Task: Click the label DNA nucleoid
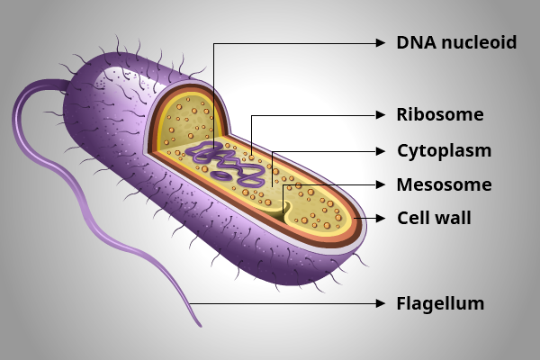tap(456, 42)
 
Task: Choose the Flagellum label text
tap(440, 303)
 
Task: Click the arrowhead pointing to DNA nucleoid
tap(382, 42)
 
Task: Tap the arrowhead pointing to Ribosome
tap(382, 115)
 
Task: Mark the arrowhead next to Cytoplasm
tap(382, 150)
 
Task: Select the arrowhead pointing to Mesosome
tap(382, 185)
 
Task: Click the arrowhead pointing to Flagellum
tap(382, 303)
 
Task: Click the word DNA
tap(414, 42)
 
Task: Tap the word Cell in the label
tap(413, 217)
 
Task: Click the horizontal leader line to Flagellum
tap(288, 303)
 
